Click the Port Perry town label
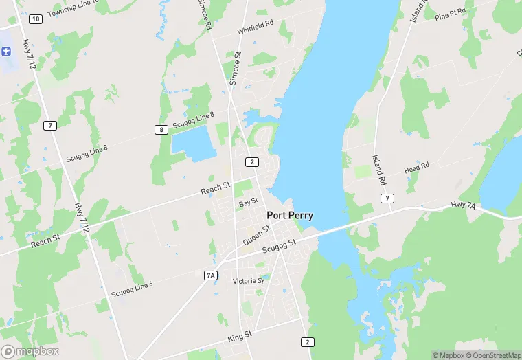[290, 215]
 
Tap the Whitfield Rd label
[256, 27]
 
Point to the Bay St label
[248, 202]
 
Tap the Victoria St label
[248, 281]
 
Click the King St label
[240, 336]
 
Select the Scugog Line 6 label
[132, 289]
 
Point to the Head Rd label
[416, 167]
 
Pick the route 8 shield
[161, 130]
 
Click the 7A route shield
[211, 275]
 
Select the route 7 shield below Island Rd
[388, 199]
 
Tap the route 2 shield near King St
[307, 341]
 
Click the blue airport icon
[7, 51]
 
